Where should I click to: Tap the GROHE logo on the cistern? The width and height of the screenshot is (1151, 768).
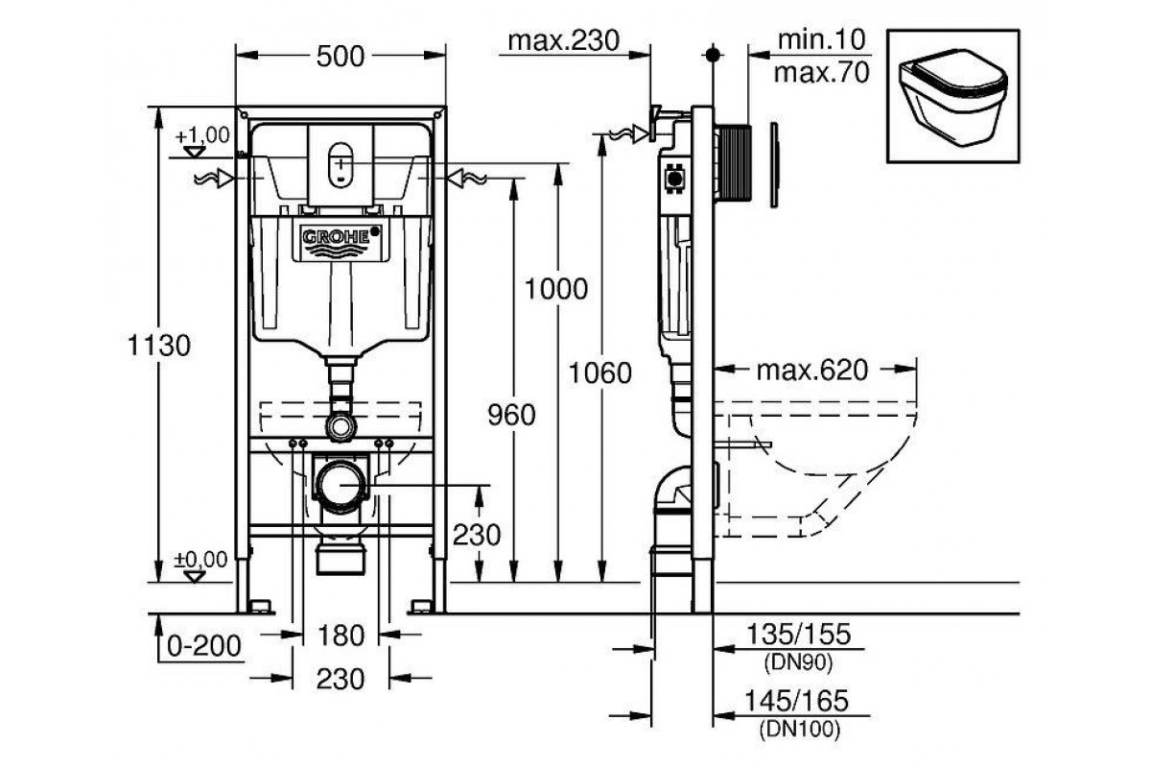click(x=341, y=237)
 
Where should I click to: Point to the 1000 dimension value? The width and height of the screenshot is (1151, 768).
click(x=557, y=288)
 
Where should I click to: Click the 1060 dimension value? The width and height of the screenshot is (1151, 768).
click(x=601, y=372)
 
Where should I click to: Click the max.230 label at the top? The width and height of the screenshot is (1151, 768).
click(x=563, y=40)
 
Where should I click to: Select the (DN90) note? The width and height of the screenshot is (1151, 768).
click(x=795, y=661)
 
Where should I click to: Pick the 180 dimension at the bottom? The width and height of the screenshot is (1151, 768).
click(x=341, y=635)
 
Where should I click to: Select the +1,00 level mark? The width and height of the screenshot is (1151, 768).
click(x=202, y=135)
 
